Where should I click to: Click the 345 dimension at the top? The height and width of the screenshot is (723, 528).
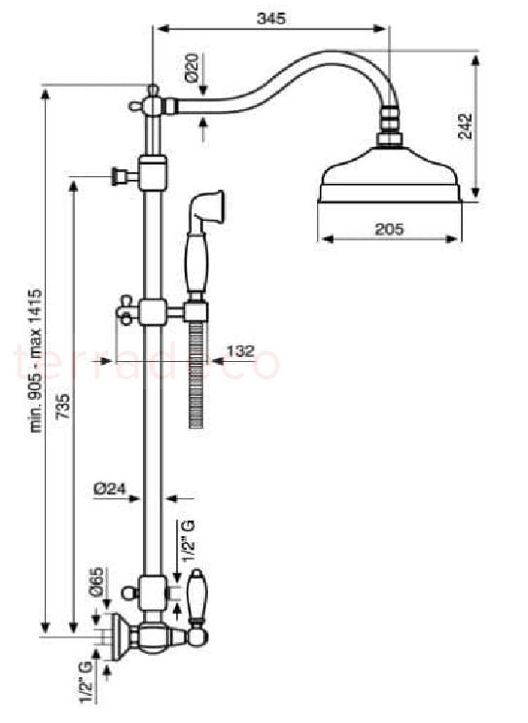271,18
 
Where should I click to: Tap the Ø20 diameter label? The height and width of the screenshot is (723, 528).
193,67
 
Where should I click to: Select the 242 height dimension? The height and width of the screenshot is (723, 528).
466,126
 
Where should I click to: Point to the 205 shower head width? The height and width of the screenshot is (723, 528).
389,229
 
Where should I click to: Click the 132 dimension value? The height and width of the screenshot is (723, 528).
240,351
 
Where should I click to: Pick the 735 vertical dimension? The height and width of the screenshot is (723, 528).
63,406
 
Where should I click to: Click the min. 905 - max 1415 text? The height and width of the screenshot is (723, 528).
36,361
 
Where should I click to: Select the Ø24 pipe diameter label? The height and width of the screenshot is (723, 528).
110,488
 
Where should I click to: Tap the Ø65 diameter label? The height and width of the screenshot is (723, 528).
97,583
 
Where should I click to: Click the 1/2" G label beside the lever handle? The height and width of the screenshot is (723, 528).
188,541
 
